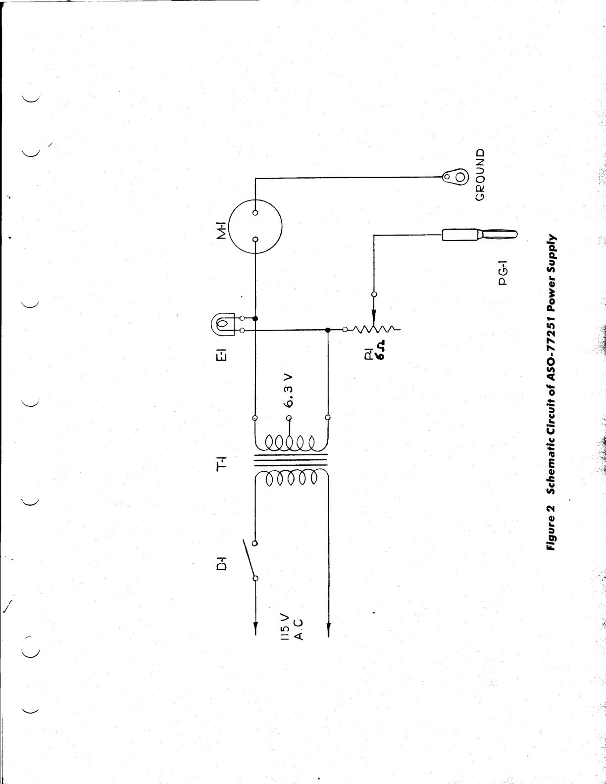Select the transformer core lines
click(x=291, y=463)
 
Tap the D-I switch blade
click(x=247, y=559)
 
